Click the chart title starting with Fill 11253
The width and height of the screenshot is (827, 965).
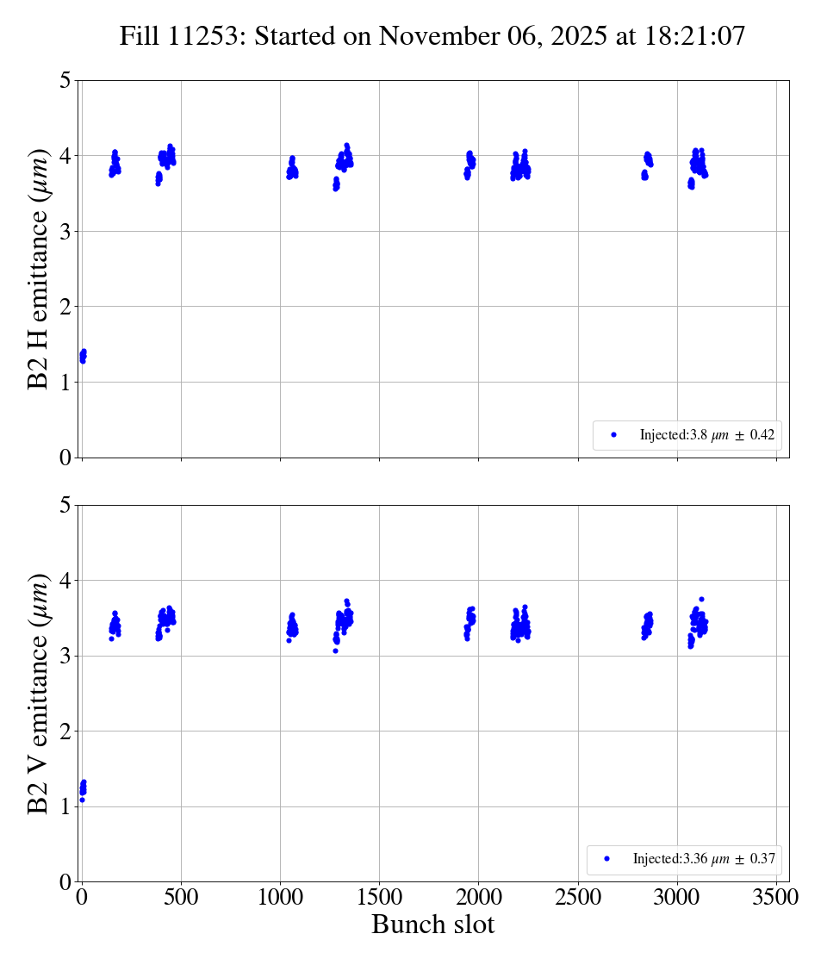(432, 36)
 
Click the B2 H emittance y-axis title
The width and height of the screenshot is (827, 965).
(40, 268)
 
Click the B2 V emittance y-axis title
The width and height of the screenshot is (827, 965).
(40, 693)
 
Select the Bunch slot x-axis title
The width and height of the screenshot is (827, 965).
(432, 925)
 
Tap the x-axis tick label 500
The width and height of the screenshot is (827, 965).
(181, 897)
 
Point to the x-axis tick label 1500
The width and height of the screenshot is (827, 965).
(379, 897)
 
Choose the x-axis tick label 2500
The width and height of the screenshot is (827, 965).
(578, 897)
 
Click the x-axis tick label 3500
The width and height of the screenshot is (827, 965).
(776, 897)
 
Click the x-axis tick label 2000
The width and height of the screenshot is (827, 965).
(479, 897)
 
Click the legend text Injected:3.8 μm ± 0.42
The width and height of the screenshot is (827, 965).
(706, 435)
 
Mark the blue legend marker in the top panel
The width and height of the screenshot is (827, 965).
(613, 435)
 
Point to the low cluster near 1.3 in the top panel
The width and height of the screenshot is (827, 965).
(83, 356)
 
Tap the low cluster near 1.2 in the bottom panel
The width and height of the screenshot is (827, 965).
(83, 788)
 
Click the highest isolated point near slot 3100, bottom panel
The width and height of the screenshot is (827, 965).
(701, 599)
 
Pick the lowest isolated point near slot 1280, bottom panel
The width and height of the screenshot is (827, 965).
(335, 651)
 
